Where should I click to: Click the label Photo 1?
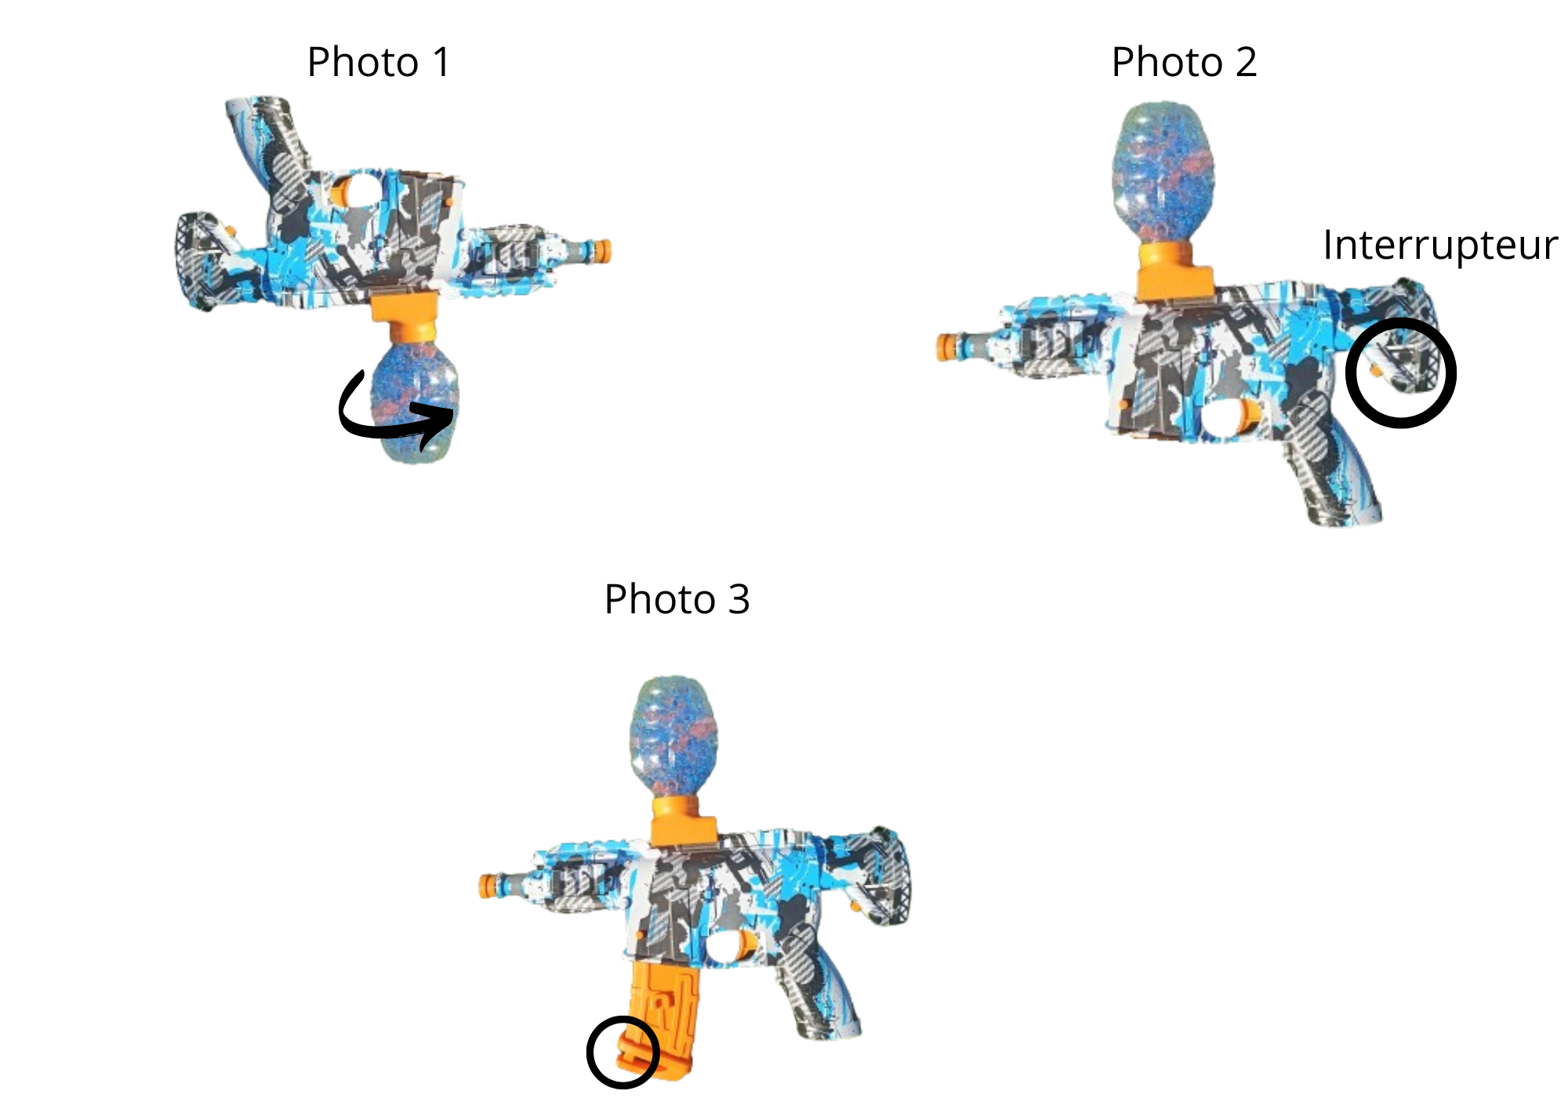[x=379, y=62]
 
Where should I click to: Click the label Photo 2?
[x=1184, y=62]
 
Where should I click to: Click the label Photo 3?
[x=677, y=599]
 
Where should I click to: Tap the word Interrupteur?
[x=1439, y=245]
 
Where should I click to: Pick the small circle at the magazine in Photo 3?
[x=590, y=1053]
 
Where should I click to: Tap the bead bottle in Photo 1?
[x=416, y=400]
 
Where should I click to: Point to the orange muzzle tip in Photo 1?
[x=602, y=252]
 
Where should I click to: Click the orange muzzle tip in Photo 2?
[x=947, y=347]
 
